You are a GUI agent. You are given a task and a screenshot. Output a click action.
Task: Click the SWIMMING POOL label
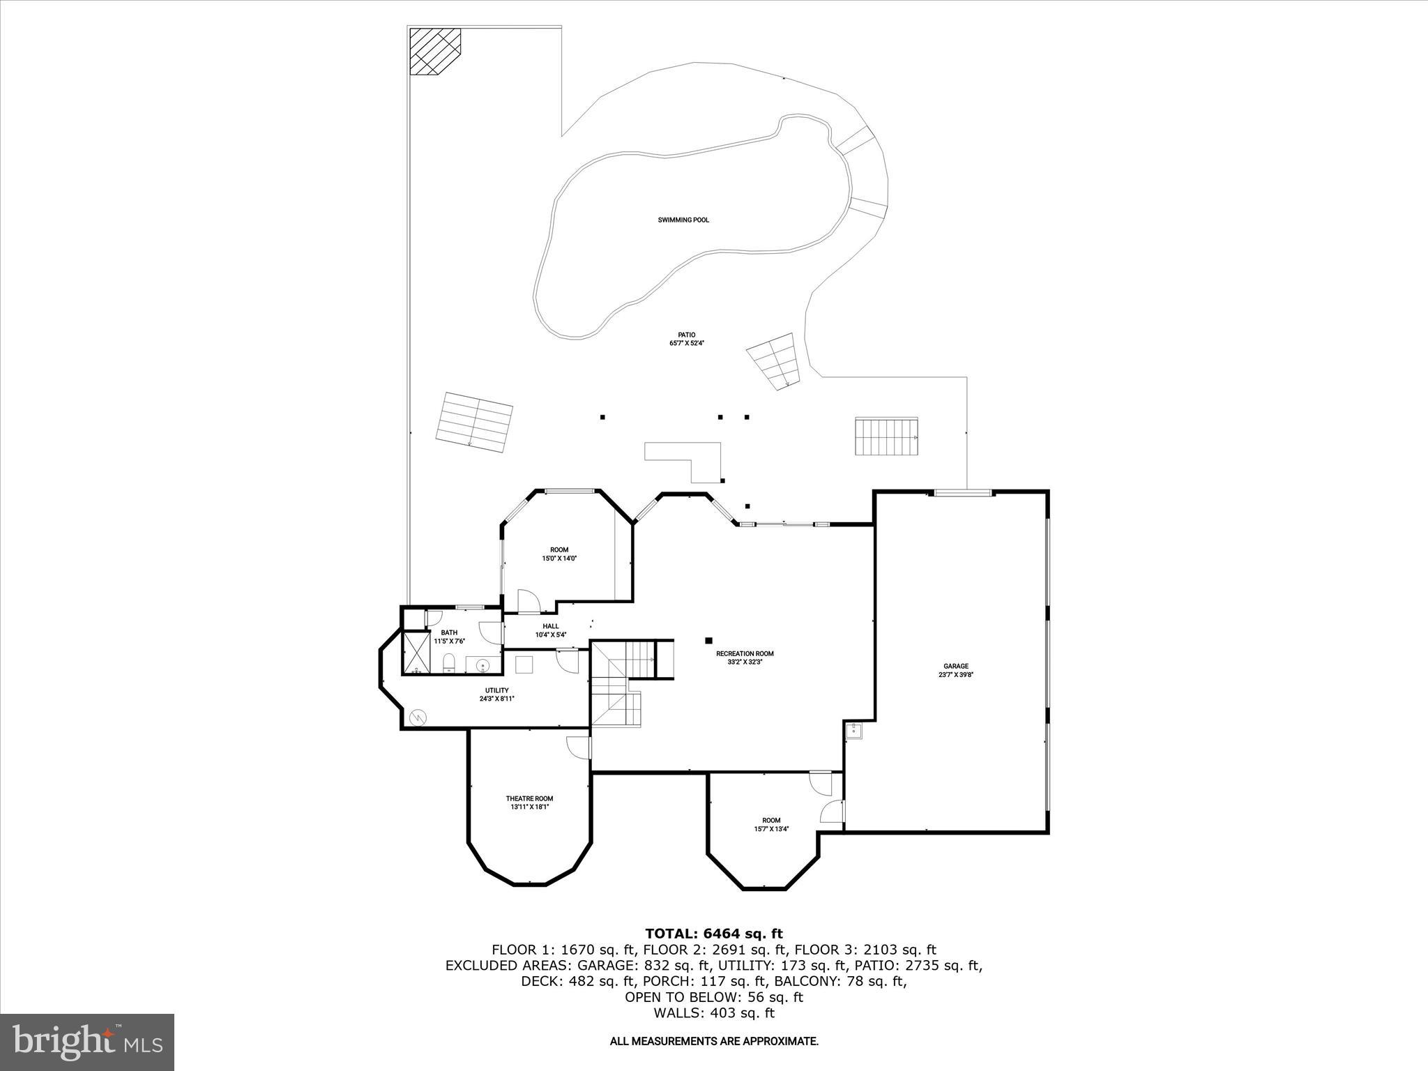(683, 220)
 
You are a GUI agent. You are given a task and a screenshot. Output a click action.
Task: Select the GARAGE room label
(956, 670)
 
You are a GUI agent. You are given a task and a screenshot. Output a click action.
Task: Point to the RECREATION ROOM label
(745, 658)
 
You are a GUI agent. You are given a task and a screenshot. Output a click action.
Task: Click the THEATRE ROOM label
(529, 803)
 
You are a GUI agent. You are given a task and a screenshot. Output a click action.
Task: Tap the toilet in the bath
(449, 661)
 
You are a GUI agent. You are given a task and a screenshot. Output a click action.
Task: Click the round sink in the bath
(483, 666)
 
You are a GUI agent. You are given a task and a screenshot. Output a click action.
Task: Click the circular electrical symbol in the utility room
(418, 716)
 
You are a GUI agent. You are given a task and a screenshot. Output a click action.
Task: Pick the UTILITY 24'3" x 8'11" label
(496, 694)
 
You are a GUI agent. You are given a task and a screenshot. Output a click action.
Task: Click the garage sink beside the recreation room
(854, 731)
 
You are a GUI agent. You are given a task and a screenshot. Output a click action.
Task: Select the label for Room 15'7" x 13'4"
(771, 824)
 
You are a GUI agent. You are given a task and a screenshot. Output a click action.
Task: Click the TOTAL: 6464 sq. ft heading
(713, 934)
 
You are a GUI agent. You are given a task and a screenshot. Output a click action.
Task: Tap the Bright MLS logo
(87, 1042)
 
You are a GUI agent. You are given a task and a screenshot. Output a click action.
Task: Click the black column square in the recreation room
(708, 640)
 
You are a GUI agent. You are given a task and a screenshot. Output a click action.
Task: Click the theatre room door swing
(579, 747)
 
